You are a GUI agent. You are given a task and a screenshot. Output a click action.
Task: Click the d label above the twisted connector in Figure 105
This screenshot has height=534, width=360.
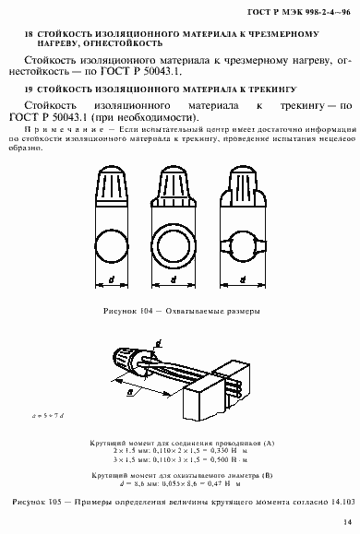click(x=159, y=342)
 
